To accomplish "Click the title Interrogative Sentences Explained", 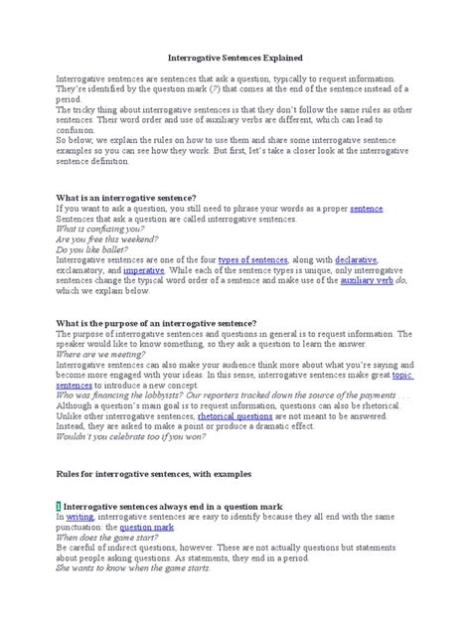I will click(235, 59).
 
